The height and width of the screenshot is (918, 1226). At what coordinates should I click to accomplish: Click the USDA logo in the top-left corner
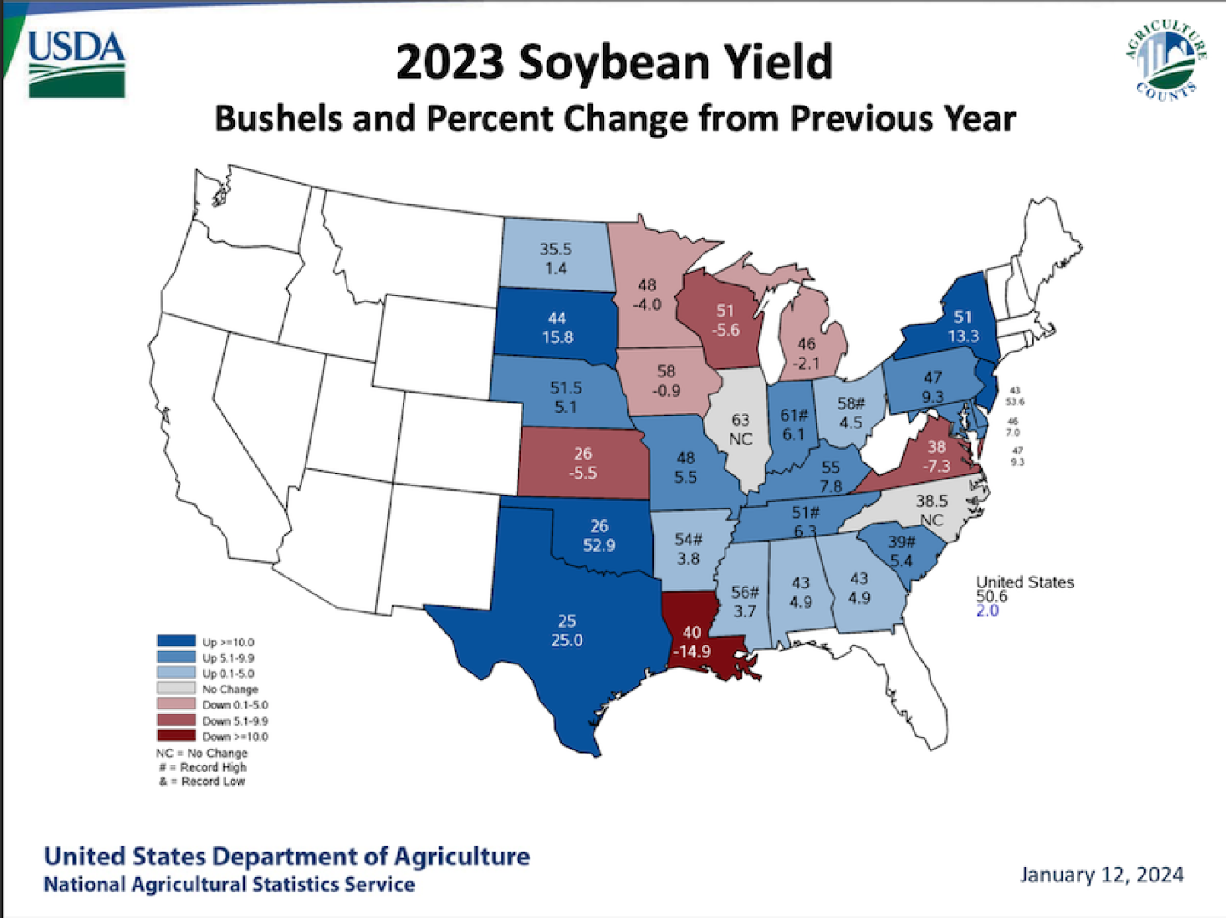77,65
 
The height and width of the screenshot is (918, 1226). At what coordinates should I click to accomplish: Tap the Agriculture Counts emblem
1166,60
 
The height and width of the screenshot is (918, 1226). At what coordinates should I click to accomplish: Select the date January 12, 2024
1101,875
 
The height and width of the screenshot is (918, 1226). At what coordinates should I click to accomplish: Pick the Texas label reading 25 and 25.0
566,631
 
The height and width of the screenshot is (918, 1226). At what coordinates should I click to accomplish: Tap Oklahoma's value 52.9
599,545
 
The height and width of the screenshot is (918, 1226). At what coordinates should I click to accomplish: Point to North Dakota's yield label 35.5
555,249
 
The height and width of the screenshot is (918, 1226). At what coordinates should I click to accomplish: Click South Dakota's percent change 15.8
557,337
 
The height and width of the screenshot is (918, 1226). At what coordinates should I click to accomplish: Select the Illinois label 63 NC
740,429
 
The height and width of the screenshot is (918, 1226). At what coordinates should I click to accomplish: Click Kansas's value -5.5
582,473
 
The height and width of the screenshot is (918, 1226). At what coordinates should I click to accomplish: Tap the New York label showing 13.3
963,336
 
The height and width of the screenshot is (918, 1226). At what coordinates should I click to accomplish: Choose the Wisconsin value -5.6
725,330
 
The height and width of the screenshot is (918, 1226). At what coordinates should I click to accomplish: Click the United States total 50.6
991,596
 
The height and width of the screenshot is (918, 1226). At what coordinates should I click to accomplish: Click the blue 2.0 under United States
987,611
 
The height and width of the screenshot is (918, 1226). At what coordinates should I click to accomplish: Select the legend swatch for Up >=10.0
175,642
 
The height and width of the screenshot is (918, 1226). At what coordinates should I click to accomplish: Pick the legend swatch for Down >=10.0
175,736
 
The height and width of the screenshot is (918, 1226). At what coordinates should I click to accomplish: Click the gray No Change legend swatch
175,689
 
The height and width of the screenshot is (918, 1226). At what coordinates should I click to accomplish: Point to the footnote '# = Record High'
203,767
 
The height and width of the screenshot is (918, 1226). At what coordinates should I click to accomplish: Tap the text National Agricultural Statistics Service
229,885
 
